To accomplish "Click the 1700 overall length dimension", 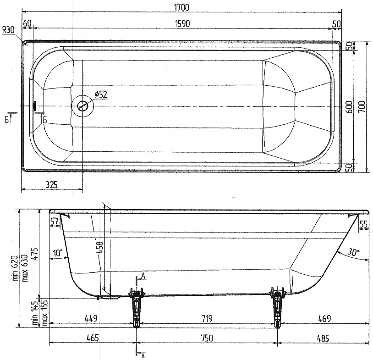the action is (182, 7).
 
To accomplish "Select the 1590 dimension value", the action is (182, 23).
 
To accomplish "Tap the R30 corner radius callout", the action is (8, 30).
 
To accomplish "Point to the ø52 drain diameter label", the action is (101, 94).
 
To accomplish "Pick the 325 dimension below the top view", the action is (52, 184).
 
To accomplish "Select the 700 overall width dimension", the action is (362, 107).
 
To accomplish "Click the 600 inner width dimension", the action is (349, 107).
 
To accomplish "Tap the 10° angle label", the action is (58, 253).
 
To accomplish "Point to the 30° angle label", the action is (354, 252).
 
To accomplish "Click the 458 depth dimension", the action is (100, 247).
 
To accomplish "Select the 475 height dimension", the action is (34, 255).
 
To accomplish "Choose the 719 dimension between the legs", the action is (207, 318).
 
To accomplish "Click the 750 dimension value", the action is (207, 338).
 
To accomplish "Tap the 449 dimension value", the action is (91, 318).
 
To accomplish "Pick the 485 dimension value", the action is (323, 338).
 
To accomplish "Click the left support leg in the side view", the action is (136, 307).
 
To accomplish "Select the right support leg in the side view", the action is (277, 307).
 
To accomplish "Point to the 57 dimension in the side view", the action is (55, 222).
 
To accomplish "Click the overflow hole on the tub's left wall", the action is (35, 105).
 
